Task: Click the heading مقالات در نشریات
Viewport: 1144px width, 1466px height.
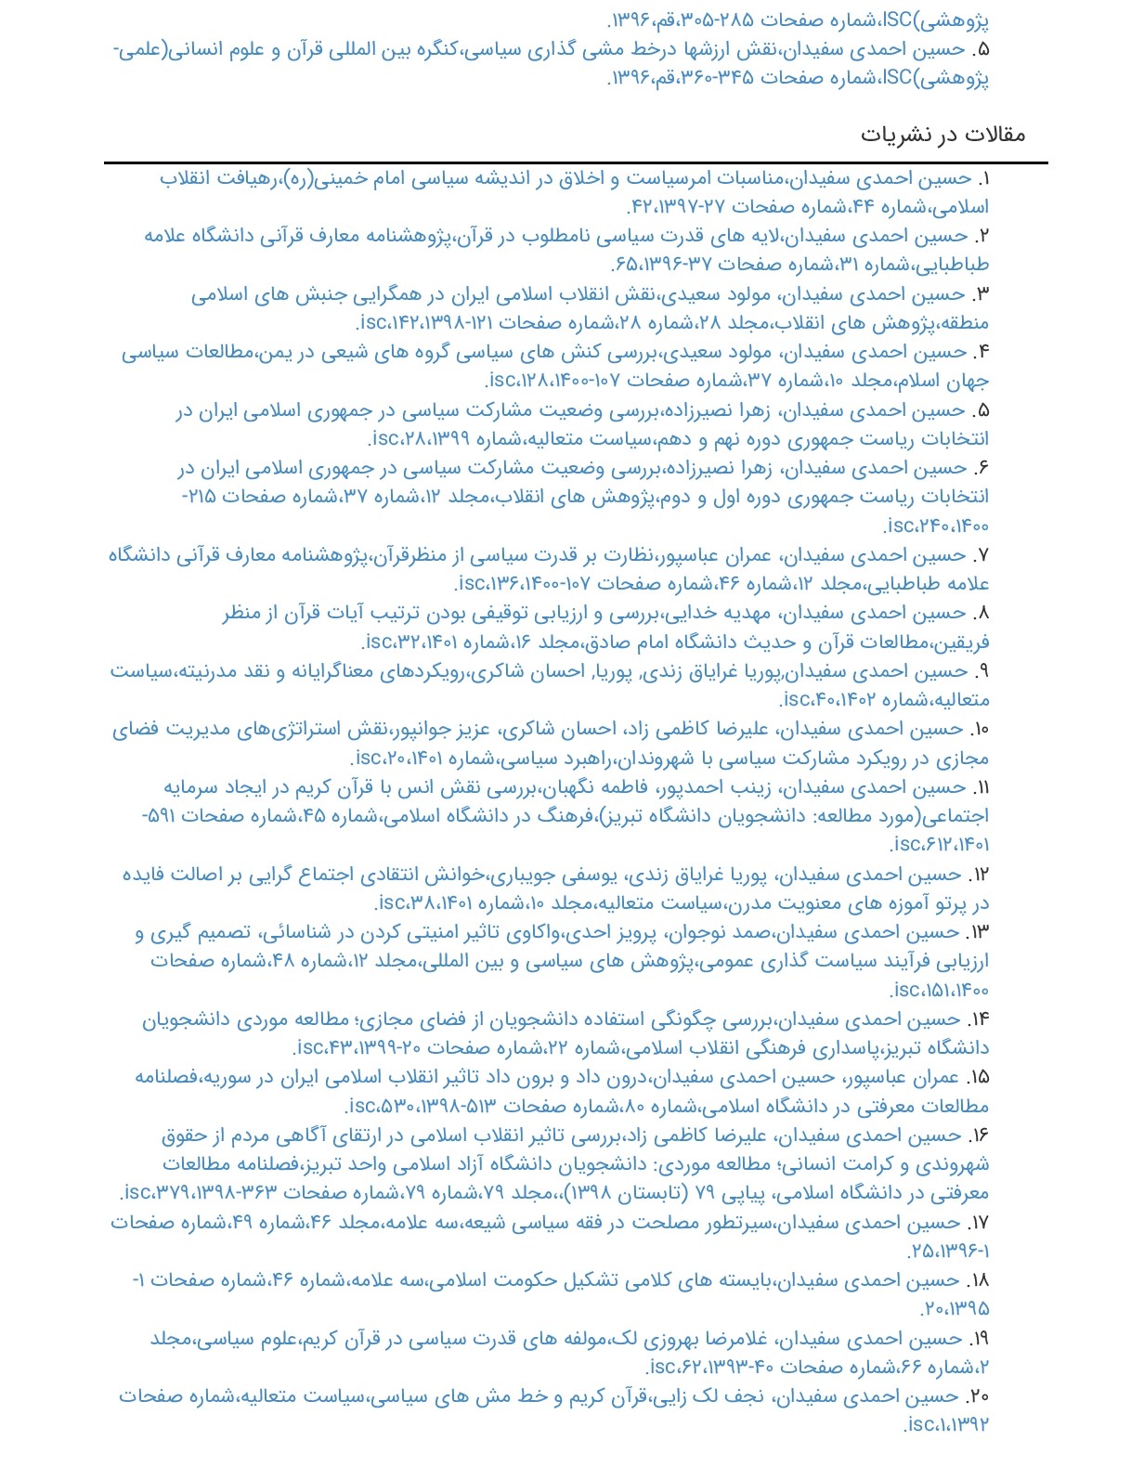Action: pyautogui.click(x=942, y=135)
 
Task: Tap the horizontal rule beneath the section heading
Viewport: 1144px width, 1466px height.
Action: pyautogui.click(x=576, y=163)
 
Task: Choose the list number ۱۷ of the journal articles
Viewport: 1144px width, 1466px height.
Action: pyautogui.click(x=979, y=1223)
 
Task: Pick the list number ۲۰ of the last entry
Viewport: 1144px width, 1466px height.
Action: pyautogui.click(x=978, y=1396)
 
